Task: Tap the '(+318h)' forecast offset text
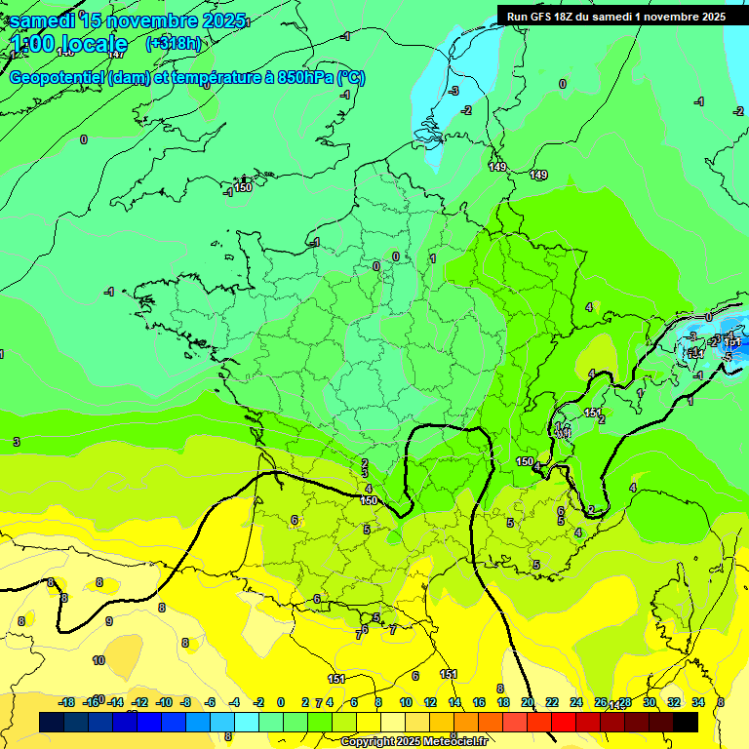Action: tap(173, 44)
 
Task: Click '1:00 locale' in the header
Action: tap(70, 44)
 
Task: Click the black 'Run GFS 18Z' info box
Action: tap(615, 16)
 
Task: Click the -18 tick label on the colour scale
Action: tap(66, 702)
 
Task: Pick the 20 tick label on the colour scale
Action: tap(527, 702)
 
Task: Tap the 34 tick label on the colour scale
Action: tap(698, 702)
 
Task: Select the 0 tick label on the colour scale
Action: tap(281, 702)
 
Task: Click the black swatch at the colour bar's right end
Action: tap(686, 722)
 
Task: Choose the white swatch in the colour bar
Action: tap(393, 722)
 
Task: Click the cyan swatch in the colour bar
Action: tap(247, 722)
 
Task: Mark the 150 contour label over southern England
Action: tap(243, 187)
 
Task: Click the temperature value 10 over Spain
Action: tap(99, 660)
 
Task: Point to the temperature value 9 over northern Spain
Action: tap(108, 621)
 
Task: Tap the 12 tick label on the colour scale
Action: tap(429, 702)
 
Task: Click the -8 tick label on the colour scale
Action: tap(185, 702)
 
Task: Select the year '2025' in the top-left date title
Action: tap(223, 20)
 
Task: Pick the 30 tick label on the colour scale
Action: tap(649, 702)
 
